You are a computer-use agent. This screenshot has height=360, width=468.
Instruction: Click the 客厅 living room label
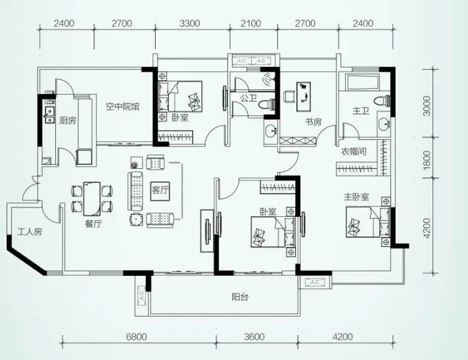coord(160,190)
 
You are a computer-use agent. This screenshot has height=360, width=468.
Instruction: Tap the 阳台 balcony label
coord(240,297)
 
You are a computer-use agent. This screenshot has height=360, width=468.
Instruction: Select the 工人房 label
coord(30,231)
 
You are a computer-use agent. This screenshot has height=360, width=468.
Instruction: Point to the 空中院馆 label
coord(123,106)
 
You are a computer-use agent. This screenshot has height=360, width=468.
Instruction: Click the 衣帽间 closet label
coord(354,152)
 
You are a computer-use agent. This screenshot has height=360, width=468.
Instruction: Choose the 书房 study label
coord(313,122)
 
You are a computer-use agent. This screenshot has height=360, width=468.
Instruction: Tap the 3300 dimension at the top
coord(189,23)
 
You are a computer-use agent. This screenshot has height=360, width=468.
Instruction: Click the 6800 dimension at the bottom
coord(137,337)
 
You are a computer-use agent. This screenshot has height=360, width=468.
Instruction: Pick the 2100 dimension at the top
coord(250,23)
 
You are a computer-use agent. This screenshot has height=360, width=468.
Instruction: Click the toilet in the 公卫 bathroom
coord(266,104)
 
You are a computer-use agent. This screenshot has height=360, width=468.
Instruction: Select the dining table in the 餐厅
coord(92,198)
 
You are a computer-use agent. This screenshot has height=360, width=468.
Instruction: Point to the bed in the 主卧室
coord(368,222)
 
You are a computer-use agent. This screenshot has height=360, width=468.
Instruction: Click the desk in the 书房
coord(304,97)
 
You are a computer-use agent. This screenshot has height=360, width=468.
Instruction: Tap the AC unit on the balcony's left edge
coord(141,295)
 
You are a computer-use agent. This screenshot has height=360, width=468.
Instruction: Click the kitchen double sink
coord(49,115)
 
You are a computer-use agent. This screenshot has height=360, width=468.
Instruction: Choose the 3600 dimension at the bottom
coord(254,337)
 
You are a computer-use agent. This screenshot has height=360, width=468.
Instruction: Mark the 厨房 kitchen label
coord(68,120)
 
